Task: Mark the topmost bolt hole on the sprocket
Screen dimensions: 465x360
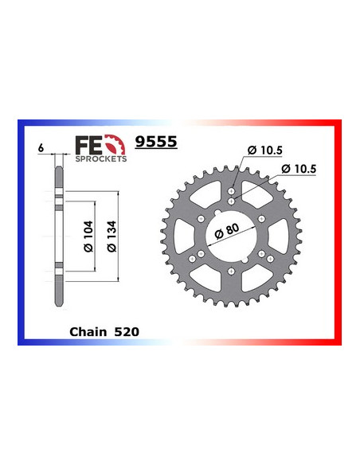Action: click(231, 192)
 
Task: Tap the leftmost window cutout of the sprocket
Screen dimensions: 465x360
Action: click(186, 235)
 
